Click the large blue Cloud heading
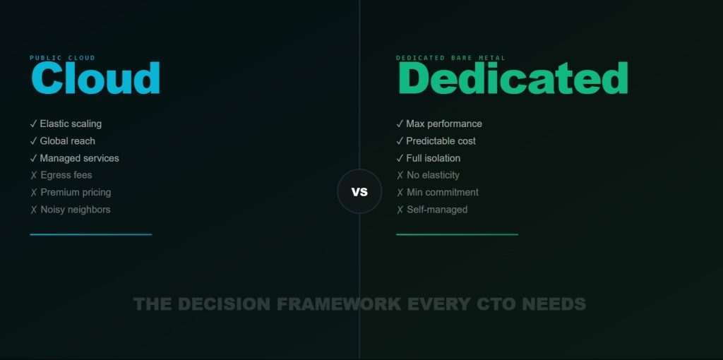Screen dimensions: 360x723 [x=95, y=79]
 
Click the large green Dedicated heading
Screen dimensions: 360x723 [x=513, y=79]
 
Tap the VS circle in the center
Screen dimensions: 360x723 [x=359, y=191]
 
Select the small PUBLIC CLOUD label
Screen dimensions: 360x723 [x=62, y=58]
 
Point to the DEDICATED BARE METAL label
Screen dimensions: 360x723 [x=450, y=58]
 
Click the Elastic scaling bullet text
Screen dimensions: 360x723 [x=71, y=124]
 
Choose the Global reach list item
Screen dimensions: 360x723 [x=68, y=141]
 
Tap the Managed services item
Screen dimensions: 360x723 [x=79, y=158]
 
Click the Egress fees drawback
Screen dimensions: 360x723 [x=66, y=175]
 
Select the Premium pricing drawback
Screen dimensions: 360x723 [x=76, y=192]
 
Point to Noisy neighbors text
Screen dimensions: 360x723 [x=76, y=210]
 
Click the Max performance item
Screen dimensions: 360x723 [x=444, y=124]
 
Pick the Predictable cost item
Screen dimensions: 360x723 [x=441, y=141]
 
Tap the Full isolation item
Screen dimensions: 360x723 [x=434, y=158]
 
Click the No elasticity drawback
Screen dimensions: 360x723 [x=433, y=175]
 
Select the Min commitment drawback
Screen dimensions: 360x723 [x=443, y=192]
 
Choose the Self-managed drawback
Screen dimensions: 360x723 [x=437, y=210]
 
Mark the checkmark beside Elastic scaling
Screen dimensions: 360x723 [x=33, y=124]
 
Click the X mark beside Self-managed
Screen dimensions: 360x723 [x=400, y=210]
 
